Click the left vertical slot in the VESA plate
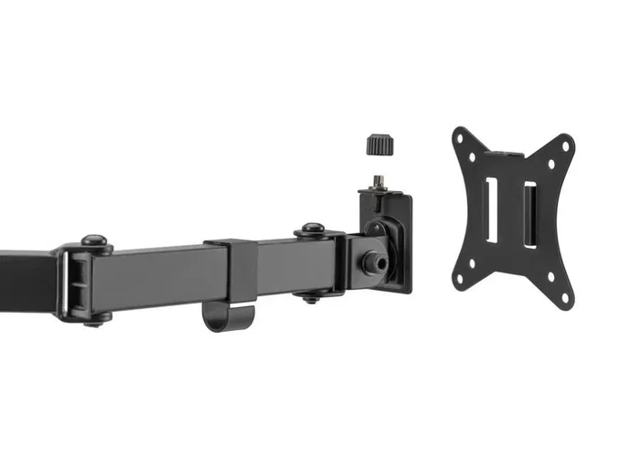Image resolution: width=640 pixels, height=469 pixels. pyautogui.click(x=492, y=210)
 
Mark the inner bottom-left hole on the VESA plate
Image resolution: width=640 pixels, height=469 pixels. pyautogui.click(x=474, y=262)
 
